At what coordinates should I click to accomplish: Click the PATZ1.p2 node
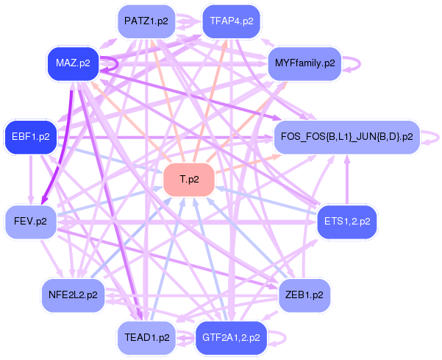(x=146, y=21)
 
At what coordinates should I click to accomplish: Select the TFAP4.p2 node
(x=231, y=21)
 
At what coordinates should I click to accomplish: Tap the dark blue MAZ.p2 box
(x=72, y=63)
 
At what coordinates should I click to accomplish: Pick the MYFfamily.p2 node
(x=304, y=63)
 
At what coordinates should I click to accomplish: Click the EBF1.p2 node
(x=30, y=136)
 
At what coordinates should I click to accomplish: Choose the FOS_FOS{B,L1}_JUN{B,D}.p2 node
(x=346, y=137)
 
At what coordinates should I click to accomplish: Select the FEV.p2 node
(x=30, y=221)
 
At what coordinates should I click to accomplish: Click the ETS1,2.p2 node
(x=346, y=221)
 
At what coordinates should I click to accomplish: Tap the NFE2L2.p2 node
(x=72, y=294)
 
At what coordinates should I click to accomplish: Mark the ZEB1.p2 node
(x=304, y=294)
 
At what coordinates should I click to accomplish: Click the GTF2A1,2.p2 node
(x=231, y=338)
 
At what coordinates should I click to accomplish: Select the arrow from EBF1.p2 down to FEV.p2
(x=30, y=180)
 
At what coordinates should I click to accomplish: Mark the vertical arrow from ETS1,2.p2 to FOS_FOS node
(x=346, y=180)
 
